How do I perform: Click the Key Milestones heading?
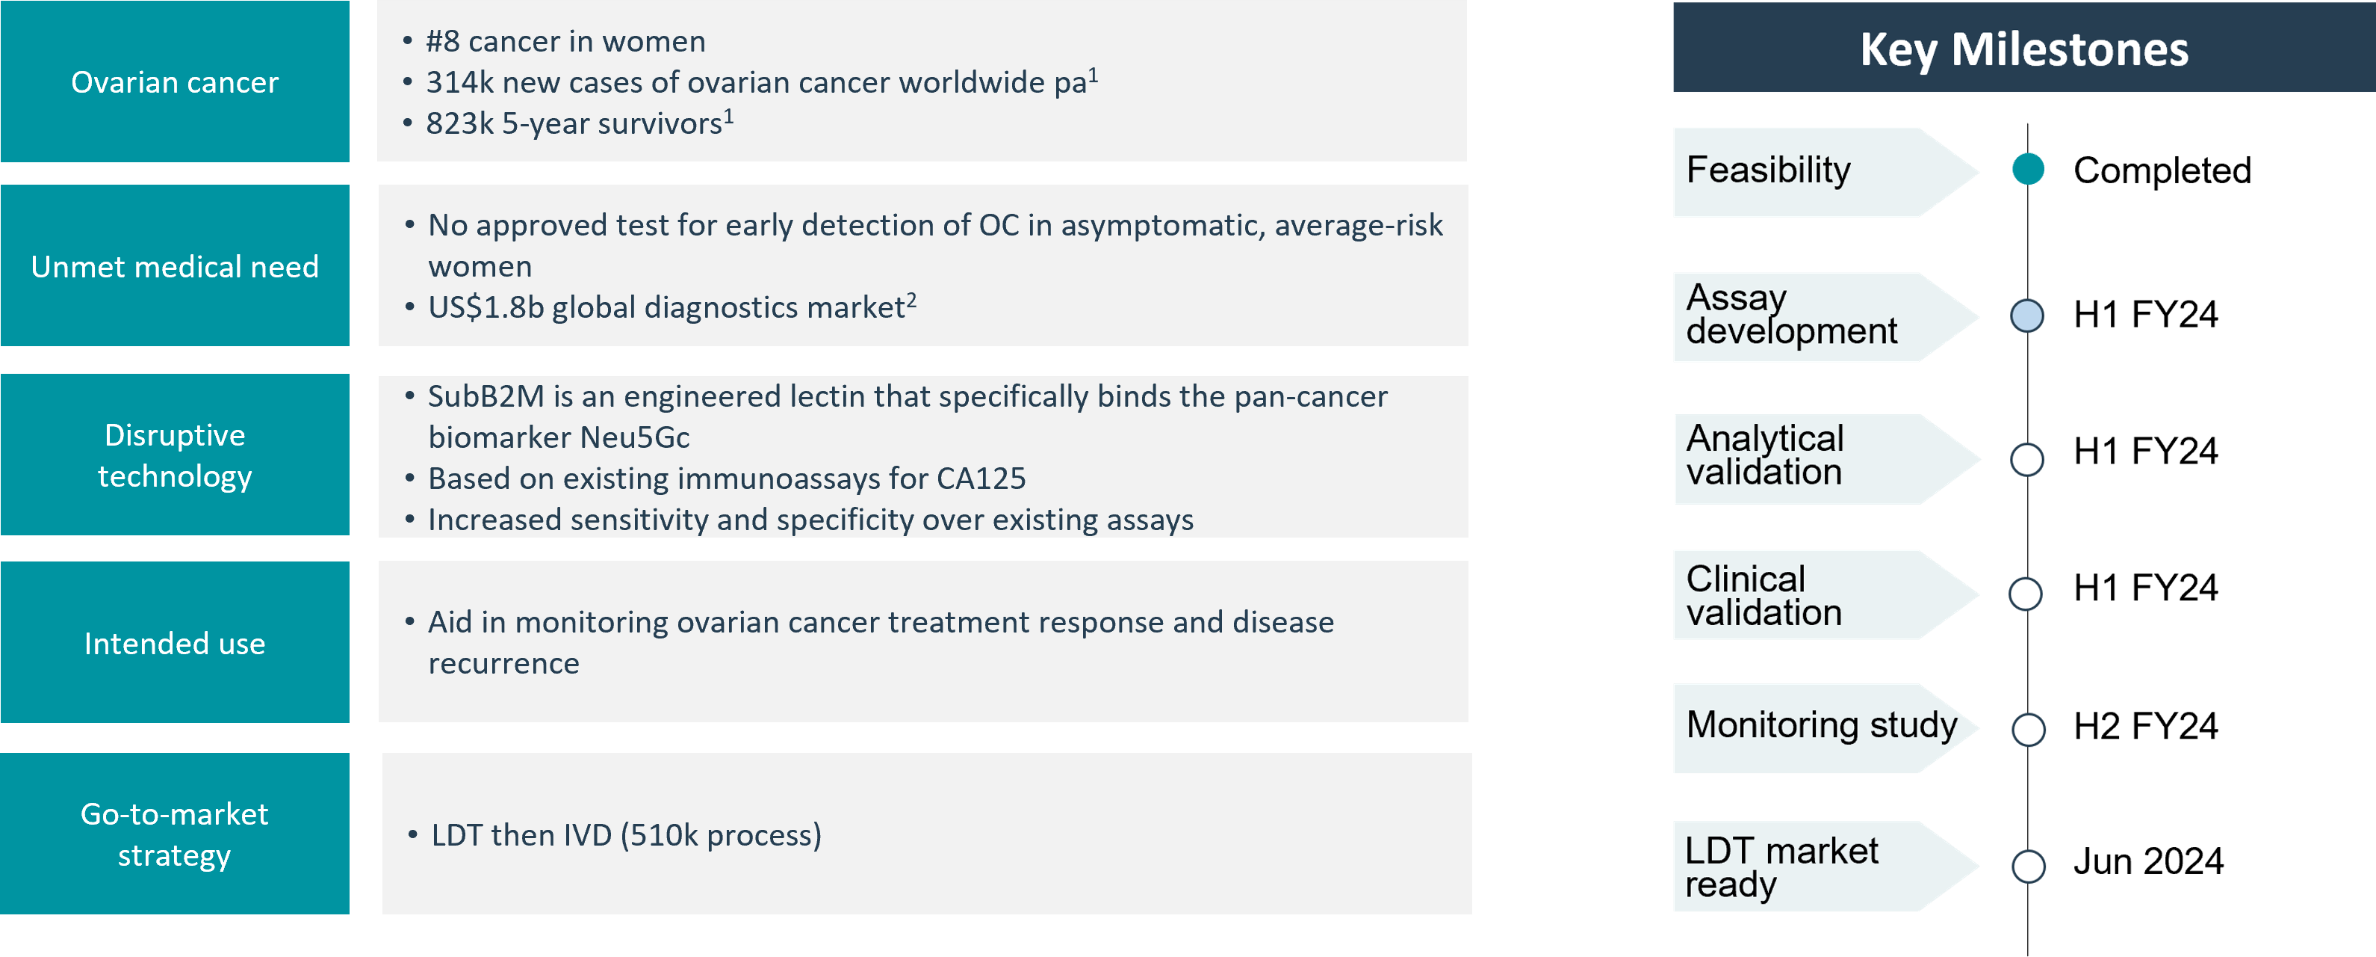tap(2023, 48)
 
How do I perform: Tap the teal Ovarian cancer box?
tap(176, 81)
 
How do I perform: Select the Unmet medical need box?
tap(176, 265)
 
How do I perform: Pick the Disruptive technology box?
tap(176, 455)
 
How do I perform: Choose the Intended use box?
tap(176, 642)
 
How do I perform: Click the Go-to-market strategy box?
tap(176, 834)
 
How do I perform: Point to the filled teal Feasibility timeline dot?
tap(2028, 169)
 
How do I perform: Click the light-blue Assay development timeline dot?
tap(2027, 316)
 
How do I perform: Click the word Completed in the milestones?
tap(2162, 170)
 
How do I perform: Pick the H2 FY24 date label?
tap(2145, 726)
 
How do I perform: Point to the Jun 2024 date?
tap(2148, 862)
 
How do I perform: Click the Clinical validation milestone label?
tap(1764, 595)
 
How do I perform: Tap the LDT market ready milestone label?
tap(1781, 867)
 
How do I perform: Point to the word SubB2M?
tap(486, 396)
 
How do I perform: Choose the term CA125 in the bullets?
tap(981, 478)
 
